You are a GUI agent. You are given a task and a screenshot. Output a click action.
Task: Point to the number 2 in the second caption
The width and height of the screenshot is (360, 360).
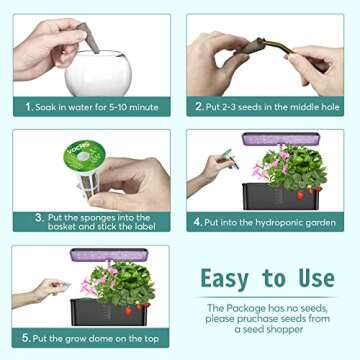pyautogui.click(x=199, y=105)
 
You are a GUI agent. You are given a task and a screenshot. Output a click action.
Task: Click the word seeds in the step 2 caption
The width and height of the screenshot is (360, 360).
pyautogui.click(x=256, y=105)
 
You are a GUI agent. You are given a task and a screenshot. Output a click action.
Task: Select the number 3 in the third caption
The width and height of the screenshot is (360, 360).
pyautogui.click(x=40, y=216)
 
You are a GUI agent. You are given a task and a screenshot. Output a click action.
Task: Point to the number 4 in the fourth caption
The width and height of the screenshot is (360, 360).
pyautogui.click(x=198, y=222)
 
